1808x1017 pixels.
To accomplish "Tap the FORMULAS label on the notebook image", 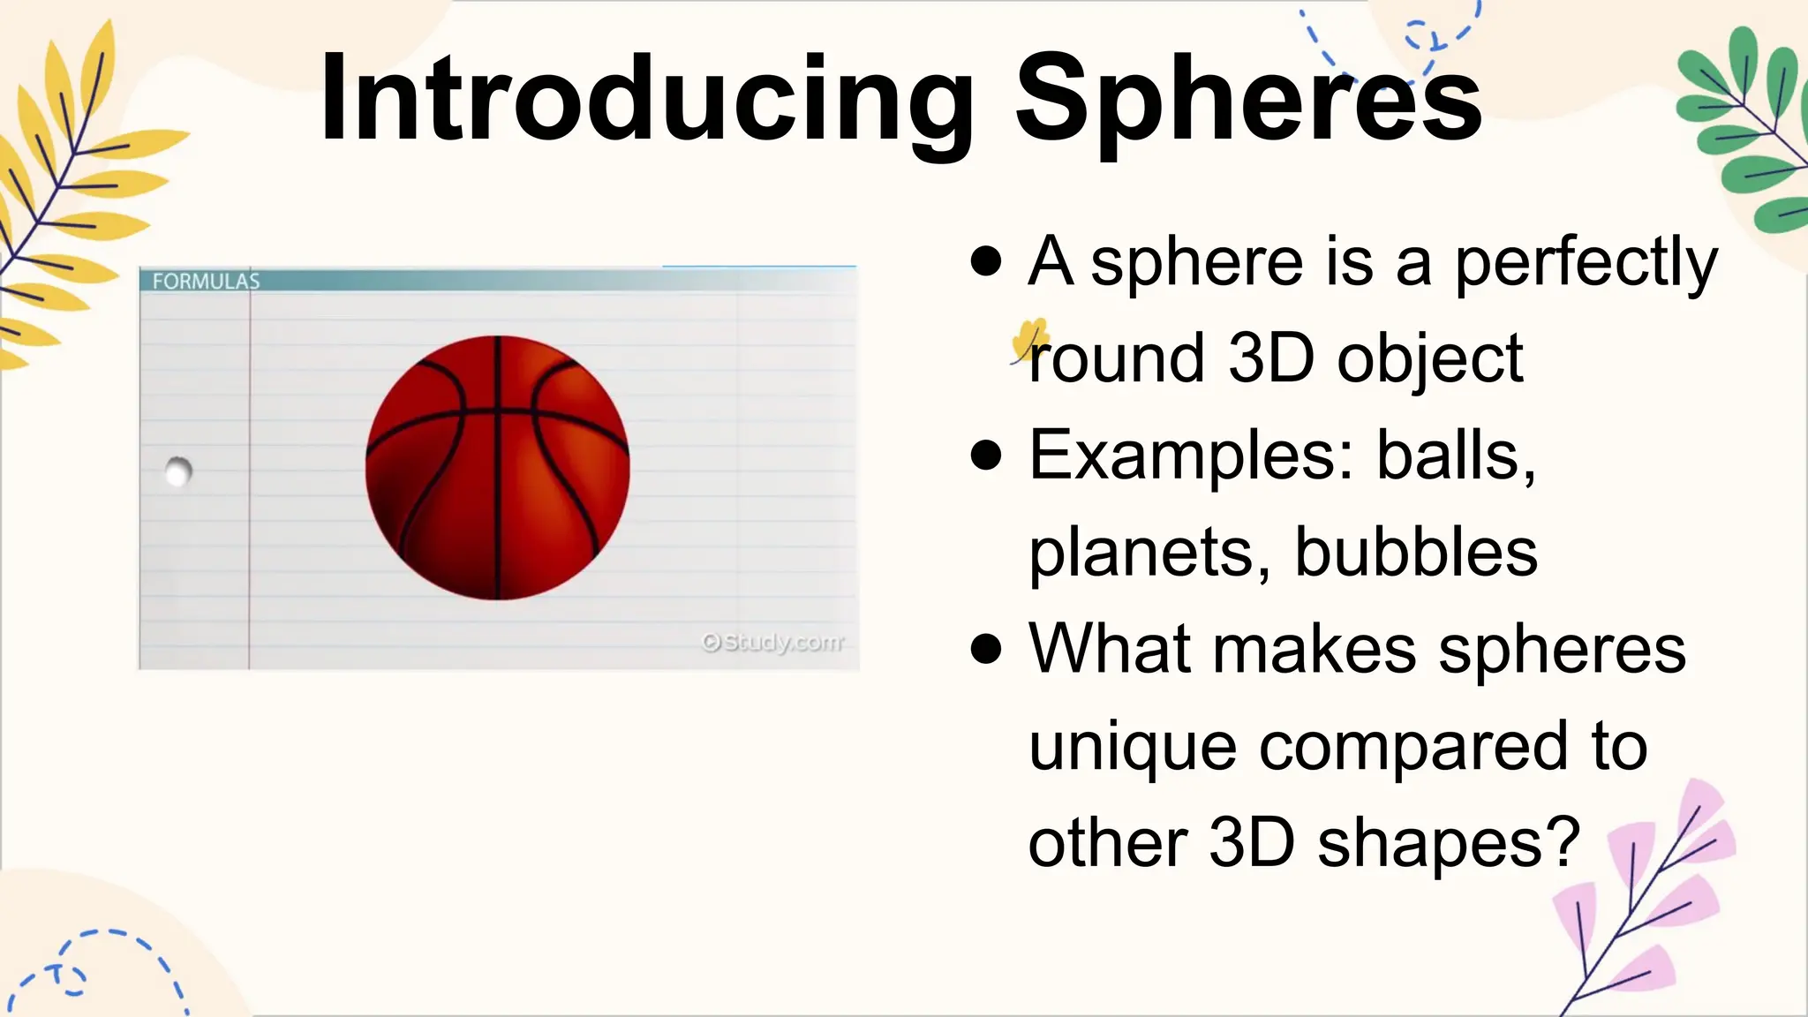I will click(x=206, y=281).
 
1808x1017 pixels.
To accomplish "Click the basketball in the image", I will click(x=497, y=468).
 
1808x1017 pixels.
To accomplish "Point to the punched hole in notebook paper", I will click(x=178, y=471).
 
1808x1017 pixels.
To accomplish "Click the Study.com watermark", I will click(x=772, y=642).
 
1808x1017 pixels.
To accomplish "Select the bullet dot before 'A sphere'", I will click(x=985, y=261).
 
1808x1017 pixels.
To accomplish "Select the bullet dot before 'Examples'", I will click(x=985, y=456).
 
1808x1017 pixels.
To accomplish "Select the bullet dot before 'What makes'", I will click(x=985, y=649).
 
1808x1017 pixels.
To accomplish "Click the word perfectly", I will click(x=1586, y=263).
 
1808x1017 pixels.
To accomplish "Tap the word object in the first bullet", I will click(x=1429, y=360).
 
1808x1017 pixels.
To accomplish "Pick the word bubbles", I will click(x=1416, y=552).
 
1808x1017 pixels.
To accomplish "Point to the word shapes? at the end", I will click(x=1448, y=844).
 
